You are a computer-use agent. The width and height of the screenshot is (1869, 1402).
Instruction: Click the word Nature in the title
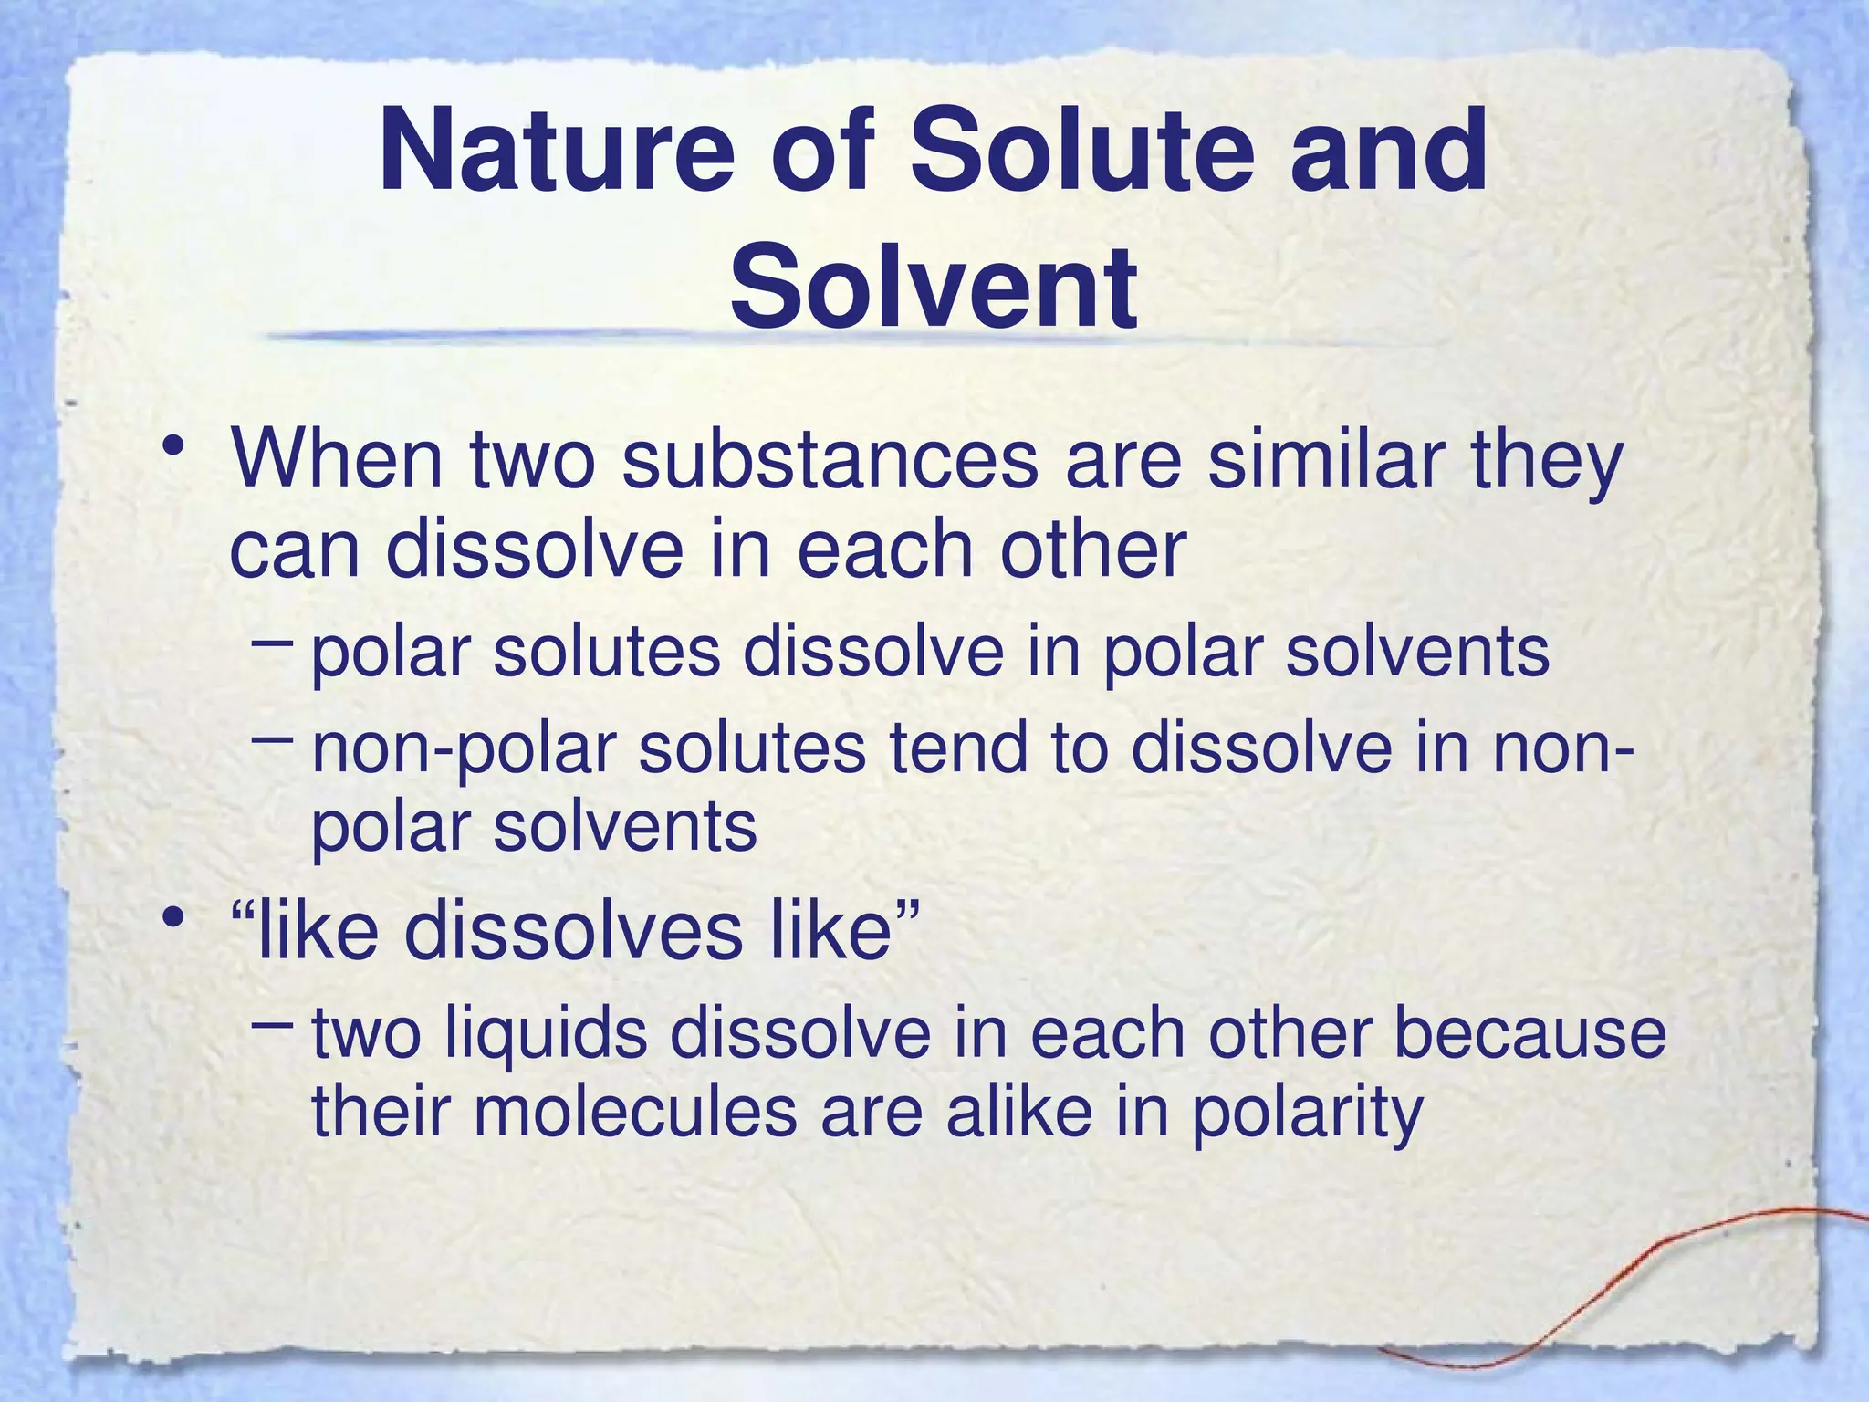tap(556, 152)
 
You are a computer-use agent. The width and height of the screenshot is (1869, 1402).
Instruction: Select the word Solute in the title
tap(1077, 152)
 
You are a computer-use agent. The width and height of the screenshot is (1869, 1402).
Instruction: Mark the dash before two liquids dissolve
tap(272, 1025)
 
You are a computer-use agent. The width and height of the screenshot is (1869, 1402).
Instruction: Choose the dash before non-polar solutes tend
tap(272, 738)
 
